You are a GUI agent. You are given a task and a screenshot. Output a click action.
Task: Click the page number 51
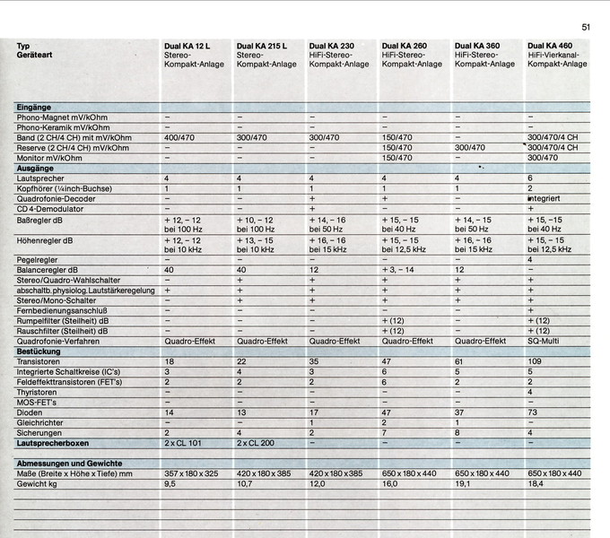586,28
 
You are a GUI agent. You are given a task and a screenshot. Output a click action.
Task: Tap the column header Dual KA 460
550,45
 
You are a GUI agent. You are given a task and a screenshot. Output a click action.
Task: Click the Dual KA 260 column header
404,45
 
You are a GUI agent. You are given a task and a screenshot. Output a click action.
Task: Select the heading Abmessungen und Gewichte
68,462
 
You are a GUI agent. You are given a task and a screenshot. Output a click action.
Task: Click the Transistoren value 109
536,360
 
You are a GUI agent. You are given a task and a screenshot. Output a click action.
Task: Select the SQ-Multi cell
548,341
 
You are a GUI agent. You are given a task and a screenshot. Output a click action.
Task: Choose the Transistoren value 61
460,360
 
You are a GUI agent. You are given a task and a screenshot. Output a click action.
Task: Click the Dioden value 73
533,412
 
